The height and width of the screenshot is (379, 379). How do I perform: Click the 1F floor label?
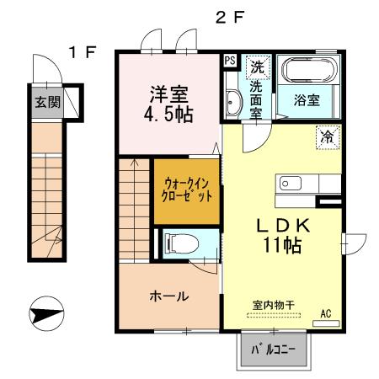82,52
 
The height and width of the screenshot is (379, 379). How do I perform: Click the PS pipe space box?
230,60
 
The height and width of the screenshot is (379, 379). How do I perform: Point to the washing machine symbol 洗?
257,63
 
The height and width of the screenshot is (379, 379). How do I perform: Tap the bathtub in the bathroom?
307,68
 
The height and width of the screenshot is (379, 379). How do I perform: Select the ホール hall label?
168,296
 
